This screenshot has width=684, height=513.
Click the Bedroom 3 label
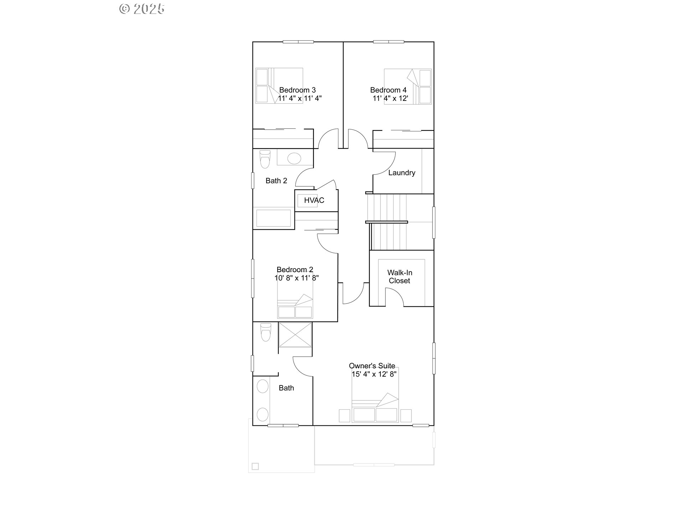coord(297,90)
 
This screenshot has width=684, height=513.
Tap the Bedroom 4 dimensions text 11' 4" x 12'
coord(390,98)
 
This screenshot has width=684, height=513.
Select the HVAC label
coord(314,201)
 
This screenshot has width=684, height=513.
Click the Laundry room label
coord(401,173)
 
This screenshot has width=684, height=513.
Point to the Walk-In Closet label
coord(399,276)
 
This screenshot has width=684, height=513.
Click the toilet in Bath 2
coord(265,159)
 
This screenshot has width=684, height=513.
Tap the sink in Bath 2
coord(294,158)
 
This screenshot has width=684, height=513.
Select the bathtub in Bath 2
coord(274,218)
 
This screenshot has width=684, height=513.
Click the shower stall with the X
coord(295,335)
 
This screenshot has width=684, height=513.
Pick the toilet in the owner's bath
coord(266,332)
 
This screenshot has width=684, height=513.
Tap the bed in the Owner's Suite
coord(375,399)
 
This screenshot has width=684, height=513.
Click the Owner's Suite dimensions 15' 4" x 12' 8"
coord(374,374)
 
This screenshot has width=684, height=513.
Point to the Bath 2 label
coord(276,181)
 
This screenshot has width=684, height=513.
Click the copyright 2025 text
coord(142,9)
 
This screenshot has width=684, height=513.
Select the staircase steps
coord(388,222)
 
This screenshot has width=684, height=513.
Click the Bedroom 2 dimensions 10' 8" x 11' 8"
coord(296,278)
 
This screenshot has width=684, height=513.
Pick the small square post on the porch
coord(255,466)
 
